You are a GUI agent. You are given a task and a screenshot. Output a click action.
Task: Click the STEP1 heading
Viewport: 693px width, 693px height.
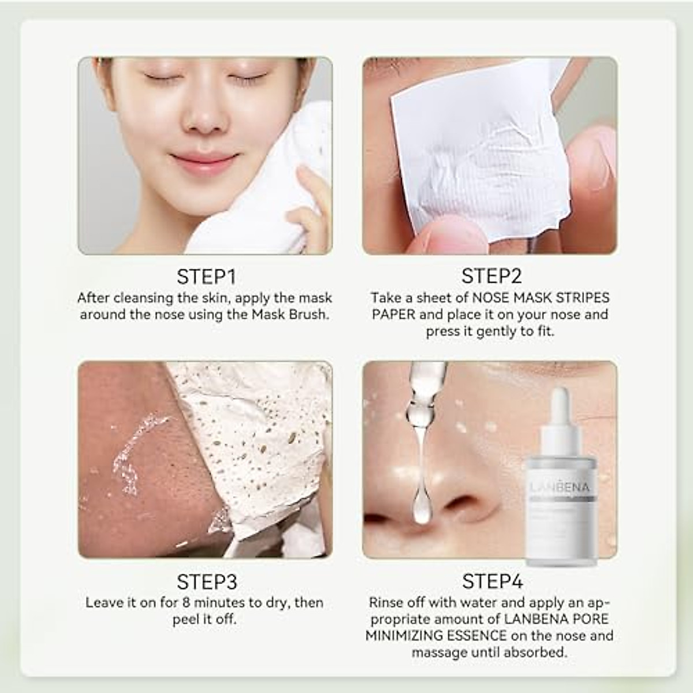click(x=206, y=277)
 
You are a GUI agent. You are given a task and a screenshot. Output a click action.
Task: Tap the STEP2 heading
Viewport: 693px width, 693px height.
click(x=491, y=277)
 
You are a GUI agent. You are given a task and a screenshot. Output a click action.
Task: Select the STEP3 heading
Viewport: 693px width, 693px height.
click(x=206, y=582)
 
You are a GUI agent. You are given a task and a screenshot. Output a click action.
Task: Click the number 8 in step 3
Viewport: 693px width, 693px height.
click(x=186, y=603)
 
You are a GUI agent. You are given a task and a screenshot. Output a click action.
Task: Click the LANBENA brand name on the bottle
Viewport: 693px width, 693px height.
click(x=560, y=488)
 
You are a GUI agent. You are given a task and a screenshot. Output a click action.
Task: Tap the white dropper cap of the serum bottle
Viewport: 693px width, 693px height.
click(x=560, y=410)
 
